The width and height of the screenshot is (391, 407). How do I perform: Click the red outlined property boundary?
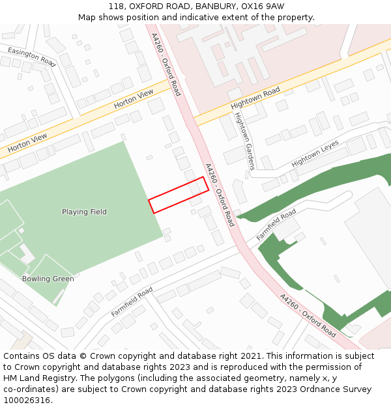[179, 195]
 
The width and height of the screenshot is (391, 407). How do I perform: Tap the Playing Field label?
[84, 212]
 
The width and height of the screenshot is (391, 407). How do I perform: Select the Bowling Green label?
[48, 279]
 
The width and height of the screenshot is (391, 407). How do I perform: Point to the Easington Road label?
[32, 57]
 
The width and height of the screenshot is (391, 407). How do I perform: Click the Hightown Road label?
[255, 98]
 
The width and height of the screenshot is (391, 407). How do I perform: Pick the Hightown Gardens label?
[244, 141]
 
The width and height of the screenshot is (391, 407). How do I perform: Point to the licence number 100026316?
[27, 400]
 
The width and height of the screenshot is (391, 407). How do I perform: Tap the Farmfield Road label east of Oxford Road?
[276, 225]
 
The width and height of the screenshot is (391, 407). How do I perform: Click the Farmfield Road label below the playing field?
[132, 302]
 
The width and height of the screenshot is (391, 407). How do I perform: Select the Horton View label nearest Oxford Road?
[134, 98]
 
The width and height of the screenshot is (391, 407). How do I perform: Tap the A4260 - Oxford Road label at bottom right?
[308, 315]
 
